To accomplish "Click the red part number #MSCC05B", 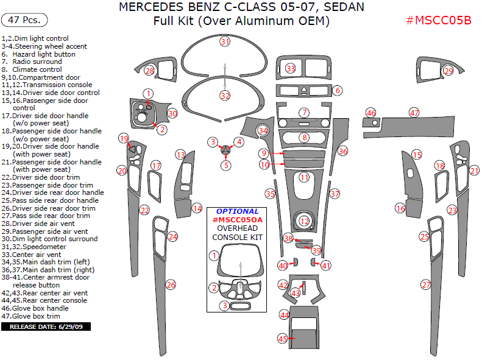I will click(x=439, y=20).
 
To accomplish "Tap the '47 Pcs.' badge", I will click(x=25, y=19).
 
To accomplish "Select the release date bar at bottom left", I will click(x=46, y=326).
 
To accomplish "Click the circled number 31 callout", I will click(x=225, y=41).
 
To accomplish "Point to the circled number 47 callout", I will click(x=414, y=113).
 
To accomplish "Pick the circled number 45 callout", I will click(x=282, y=338).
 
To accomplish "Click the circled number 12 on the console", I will click(x=304, y=221).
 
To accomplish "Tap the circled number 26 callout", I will click(x=171, y=284).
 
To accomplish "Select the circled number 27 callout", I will click(x=426, y=284).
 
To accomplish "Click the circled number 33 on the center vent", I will click(x=291, y=68).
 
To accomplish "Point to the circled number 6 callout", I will click(x=337, y=91).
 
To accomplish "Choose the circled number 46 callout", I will click(x=370, y=113).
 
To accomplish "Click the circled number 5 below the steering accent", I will click(x=226, y=164).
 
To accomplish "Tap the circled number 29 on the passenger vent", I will click(x=448, y=71).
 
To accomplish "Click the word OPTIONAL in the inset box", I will click(x=237, y=211).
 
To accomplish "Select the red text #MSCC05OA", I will click(x=237, y=219).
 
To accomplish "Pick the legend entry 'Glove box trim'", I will click(x=38, y=316).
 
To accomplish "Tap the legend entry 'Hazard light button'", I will click(x=43, y=54).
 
